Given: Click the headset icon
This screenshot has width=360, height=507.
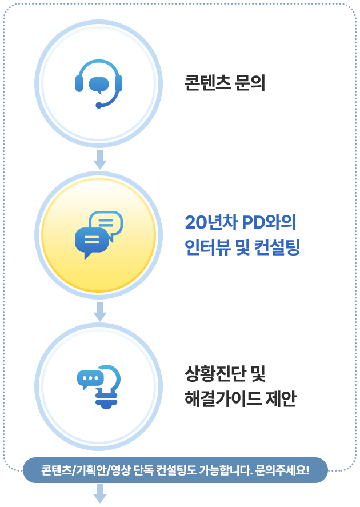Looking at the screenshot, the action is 99,83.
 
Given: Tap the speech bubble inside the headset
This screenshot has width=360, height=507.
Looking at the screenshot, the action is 99,84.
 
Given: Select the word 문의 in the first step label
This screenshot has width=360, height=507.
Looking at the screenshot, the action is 250,83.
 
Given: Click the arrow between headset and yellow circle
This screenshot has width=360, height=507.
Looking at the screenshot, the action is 100,160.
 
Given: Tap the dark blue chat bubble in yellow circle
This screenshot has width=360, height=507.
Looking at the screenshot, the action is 91,241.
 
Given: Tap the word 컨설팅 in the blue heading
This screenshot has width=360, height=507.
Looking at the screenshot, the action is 280,248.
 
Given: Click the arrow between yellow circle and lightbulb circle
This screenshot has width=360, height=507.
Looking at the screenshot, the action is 100,312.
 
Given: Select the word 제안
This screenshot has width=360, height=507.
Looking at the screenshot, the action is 280,398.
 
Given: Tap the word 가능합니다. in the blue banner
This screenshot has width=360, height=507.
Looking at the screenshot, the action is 225,470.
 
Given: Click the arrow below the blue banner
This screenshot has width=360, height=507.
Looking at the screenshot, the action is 100,493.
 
